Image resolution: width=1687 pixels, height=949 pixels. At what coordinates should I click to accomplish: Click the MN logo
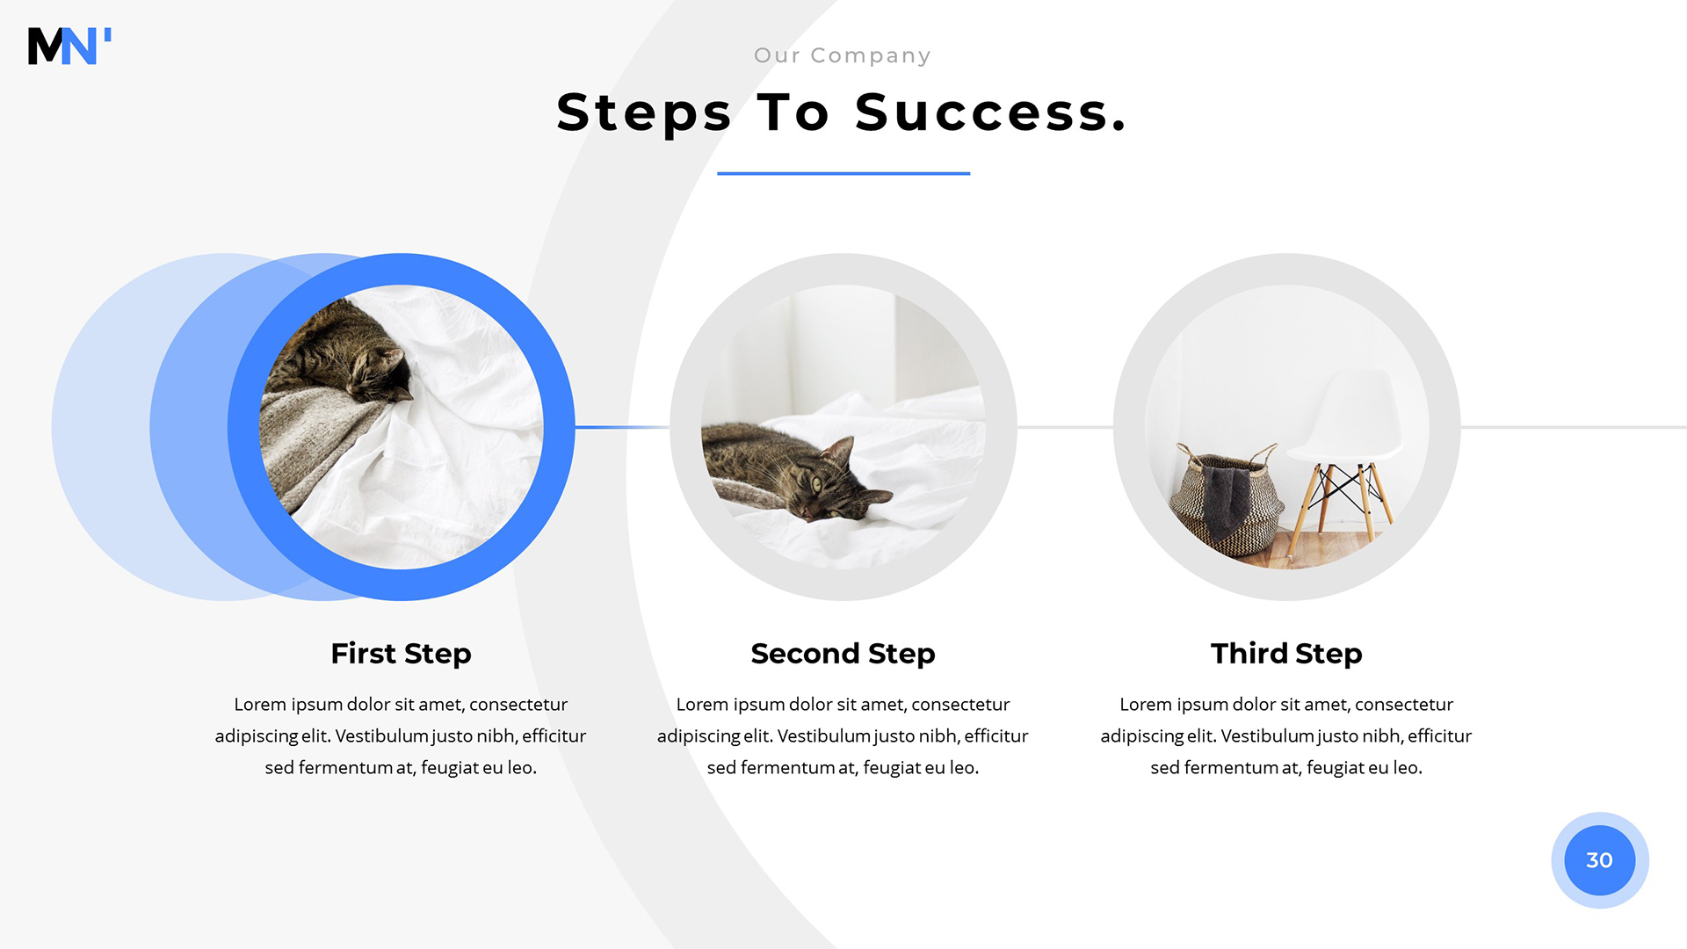tap(69, 46)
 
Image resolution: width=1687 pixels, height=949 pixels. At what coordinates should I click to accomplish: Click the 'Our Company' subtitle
tap(843, 55)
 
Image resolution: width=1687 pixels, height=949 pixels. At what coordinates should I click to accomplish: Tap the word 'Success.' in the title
tap(991, 112)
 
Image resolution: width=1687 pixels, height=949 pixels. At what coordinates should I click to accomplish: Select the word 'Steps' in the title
tap(644, 114)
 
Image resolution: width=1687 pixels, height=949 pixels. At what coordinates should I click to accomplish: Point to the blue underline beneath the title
tap(843, 173)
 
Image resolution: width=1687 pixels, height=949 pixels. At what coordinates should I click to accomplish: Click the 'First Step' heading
tap(401, 654)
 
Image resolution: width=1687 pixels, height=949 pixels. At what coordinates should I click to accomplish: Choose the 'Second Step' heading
tap(843, 654)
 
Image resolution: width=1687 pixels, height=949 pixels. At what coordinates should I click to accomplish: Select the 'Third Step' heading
tap(1286, 654)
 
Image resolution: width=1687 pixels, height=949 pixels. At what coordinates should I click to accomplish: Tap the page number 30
tap(1599, 860)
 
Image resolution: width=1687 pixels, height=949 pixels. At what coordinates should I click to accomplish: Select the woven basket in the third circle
tap(1225, 501)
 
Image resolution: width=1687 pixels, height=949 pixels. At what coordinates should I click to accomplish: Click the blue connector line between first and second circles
tap(622, 427)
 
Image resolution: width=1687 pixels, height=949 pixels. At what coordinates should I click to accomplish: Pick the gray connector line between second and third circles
tap(1065, 427)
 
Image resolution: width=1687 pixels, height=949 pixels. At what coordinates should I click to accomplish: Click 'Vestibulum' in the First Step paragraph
tap(381, 735)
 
